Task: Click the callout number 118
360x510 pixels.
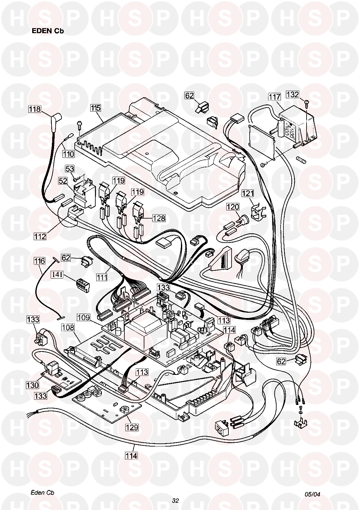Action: point(35,109)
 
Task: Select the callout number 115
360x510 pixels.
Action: point(96,108)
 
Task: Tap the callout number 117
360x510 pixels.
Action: point(274,97)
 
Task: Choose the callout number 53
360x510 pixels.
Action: point(70,169)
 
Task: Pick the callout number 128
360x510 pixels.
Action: point(159,218)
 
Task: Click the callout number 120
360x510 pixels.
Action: point(233,207)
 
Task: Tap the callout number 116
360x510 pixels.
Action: point(40,261)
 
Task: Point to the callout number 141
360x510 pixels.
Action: point(58,275)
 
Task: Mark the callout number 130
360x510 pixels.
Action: point(32,385)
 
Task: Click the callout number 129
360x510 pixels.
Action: point(132,427)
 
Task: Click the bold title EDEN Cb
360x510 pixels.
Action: point(48,31)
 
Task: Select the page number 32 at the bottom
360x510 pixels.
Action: point(175,500)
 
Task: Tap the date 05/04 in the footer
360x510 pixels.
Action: point(312,494)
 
